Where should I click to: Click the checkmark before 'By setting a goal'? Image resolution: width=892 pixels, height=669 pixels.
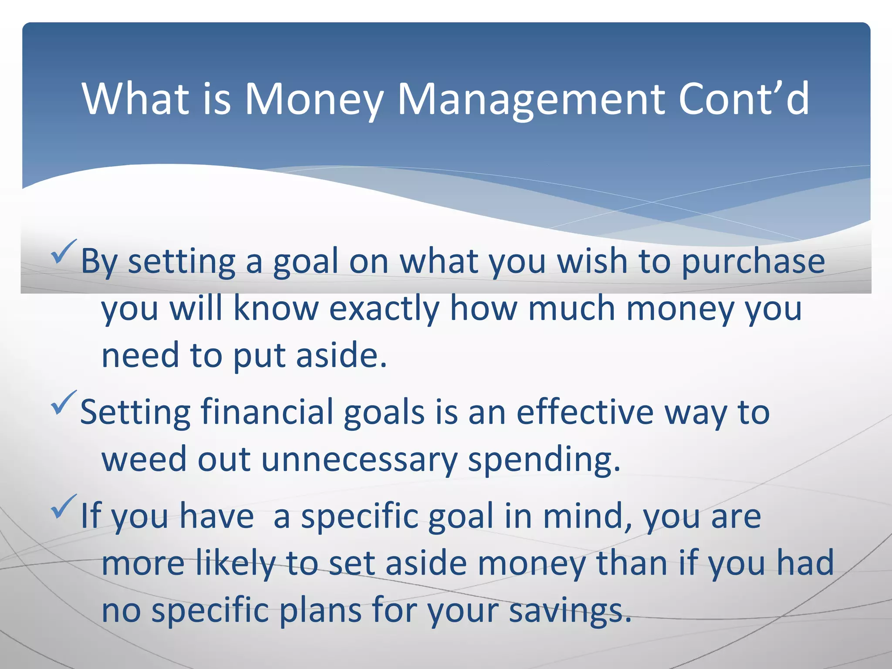pyautogui.click(x=64, y=252)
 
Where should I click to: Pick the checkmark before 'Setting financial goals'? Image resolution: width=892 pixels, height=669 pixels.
pyautogui.click(x=64, y=403)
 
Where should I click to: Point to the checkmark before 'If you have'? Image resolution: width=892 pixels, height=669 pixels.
pyautogui.click(x=64, y=507)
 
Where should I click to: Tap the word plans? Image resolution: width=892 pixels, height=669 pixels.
pyautogui.click(x=321, y=611)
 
